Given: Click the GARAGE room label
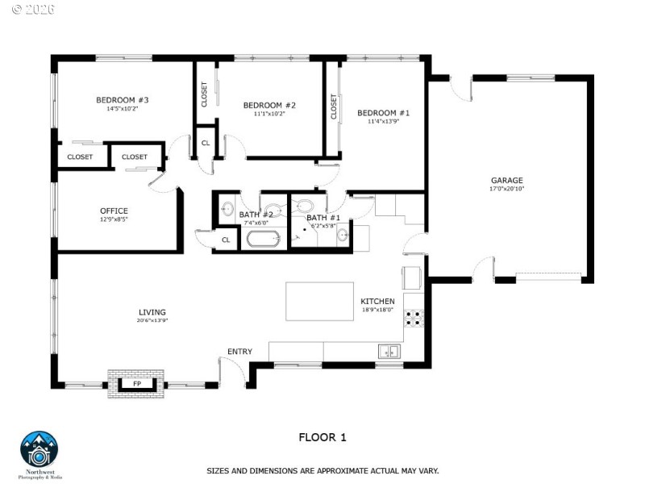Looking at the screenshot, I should tap(507, 180).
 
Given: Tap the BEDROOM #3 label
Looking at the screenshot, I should tap(122, 100).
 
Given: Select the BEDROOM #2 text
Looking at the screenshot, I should tap(269, 105).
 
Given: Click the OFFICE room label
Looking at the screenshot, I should tap(114, 211).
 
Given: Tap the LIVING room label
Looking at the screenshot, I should tap(152, 312).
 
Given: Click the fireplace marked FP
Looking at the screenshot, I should tap(137, 383).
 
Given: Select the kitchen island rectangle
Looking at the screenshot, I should tap(320, 301).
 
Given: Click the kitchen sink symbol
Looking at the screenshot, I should tap(390, 351).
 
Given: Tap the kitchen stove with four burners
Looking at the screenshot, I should tap(414, 318).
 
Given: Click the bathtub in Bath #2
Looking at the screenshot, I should tap(262, 239).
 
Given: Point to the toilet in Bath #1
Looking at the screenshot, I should tap(305, 206).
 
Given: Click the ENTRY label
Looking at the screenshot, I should tap(239, 351).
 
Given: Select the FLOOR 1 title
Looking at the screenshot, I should tap(322, 437).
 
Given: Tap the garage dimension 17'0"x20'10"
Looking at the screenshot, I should tap(507, 189).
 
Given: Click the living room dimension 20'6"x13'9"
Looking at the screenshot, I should tap(152, 320).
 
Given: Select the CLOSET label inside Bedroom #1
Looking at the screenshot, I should tap(334, 107).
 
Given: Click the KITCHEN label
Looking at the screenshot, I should tap(377, 301).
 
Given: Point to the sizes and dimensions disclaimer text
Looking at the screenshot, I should tap(322, 469).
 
